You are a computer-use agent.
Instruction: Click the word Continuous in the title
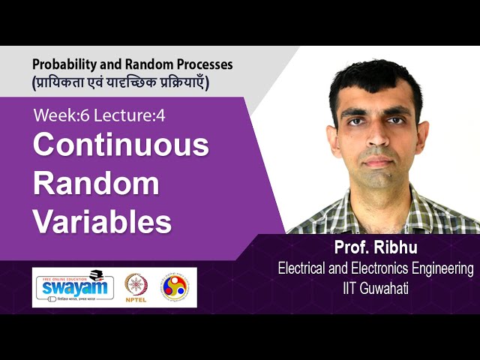pos(121,145)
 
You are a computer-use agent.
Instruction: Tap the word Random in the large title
pos(96,183)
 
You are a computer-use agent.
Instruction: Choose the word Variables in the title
pos(102,222)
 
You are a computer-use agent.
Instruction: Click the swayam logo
pos(73,286)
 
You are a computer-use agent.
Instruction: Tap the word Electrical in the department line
pos(304,268)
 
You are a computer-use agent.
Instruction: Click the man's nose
pos(377,142)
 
